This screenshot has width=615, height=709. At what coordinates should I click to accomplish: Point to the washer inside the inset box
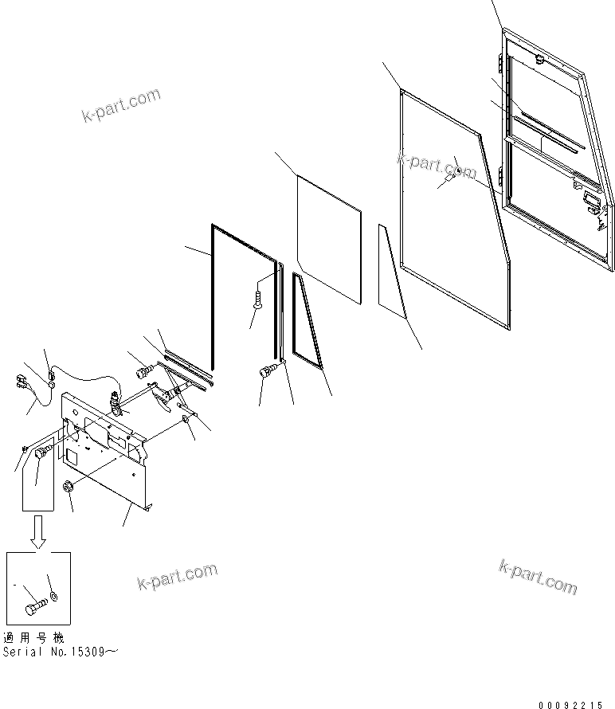point(53,595)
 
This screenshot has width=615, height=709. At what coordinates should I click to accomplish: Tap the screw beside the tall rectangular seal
point(257,300)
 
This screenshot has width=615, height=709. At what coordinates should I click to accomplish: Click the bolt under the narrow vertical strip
point(267,369)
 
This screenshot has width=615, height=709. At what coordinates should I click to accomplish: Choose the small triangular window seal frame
point(307,323)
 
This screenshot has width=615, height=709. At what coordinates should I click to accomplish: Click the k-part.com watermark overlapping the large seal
point(437,165)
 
